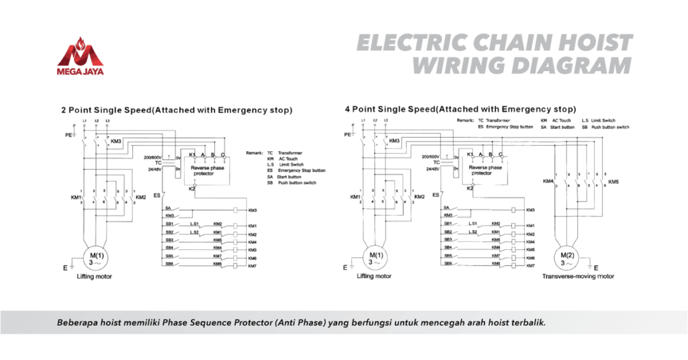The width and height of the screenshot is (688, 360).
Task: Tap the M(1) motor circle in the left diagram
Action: pos(94,257)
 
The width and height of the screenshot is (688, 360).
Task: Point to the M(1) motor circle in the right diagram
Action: pos(376,257)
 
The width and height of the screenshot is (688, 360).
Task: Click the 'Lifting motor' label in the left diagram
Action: pos(93,276)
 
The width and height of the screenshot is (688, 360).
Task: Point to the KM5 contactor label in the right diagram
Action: pos(613,182)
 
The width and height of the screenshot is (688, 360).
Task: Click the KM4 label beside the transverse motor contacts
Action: pos(548,181)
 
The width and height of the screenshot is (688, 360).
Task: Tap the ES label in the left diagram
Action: pos(157,195)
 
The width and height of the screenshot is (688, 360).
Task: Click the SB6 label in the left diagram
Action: pos(170,264)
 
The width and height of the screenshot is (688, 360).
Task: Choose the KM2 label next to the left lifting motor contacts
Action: pos(140,197)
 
